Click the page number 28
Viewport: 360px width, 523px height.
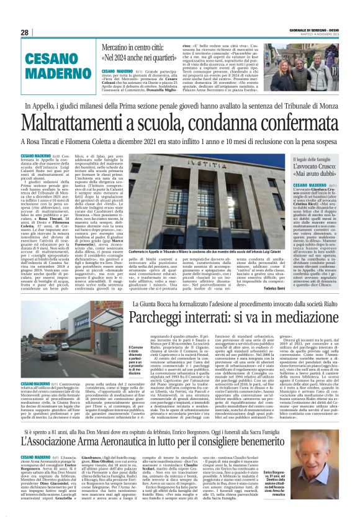tap(25, 32)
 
